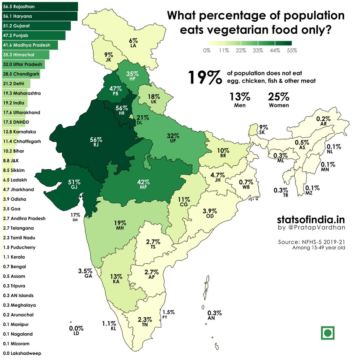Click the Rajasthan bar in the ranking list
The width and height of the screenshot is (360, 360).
pos(39,7)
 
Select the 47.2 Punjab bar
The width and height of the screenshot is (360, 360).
pos(33,35)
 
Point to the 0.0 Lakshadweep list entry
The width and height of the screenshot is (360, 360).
pos(22,353)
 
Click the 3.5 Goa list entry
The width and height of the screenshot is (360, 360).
pos(12,209)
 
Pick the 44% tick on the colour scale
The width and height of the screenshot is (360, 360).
pos(275,50)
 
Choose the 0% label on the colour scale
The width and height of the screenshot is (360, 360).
pos(207,50)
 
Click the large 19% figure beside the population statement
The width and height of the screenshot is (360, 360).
pos(205,77)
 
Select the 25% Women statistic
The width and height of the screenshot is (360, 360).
pos(279,100)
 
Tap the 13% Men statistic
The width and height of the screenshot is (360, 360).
pos(240,100)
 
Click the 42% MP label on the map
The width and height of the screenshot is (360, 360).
pos(143,184)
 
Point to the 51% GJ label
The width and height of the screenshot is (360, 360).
pos(74,184)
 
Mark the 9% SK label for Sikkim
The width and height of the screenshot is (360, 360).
pos(263,129)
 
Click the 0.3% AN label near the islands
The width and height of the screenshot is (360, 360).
pos(214,315)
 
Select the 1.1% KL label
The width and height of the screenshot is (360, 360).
pos(109,325)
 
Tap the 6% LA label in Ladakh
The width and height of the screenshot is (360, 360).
pos(133,43)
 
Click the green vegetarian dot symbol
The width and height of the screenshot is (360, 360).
pos(328,333)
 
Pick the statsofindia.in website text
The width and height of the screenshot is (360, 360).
pos(311,219)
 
